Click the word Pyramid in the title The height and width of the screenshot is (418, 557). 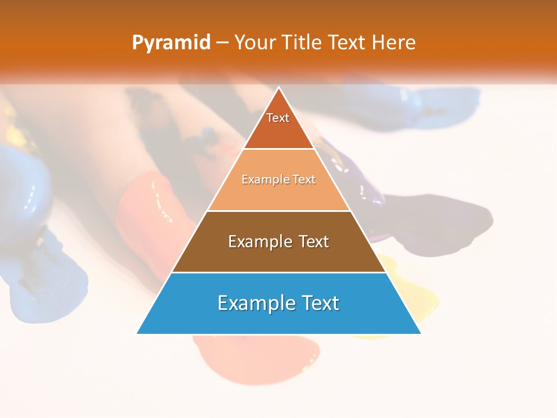click(x=171, y=43)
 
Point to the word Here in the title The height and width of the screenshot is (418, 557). click(x=394, y=43)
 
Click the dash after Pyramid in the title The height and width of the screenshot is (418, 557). click(x=222, y=43)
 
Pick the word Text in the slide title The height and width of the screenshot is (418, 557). click(x=349, y=43)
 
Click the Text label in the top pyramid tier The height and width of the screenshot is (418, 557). click(x=278, y=118)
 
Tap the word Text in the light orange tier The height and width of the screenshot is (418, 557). click(x=305, y=180)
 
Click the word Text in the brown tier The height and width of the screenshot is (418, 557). click(x=314, y=242)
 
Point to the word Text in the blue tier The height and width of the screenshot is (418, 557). click(x=320, y=303)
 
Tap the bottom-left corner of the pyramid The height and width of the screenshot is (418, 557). click(x=138, y=333)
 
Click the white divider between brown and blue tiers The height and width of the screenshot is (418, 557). click(x=278, y=272)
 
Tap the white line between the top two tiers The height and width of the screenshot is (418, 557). click(x=278, y=149)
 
